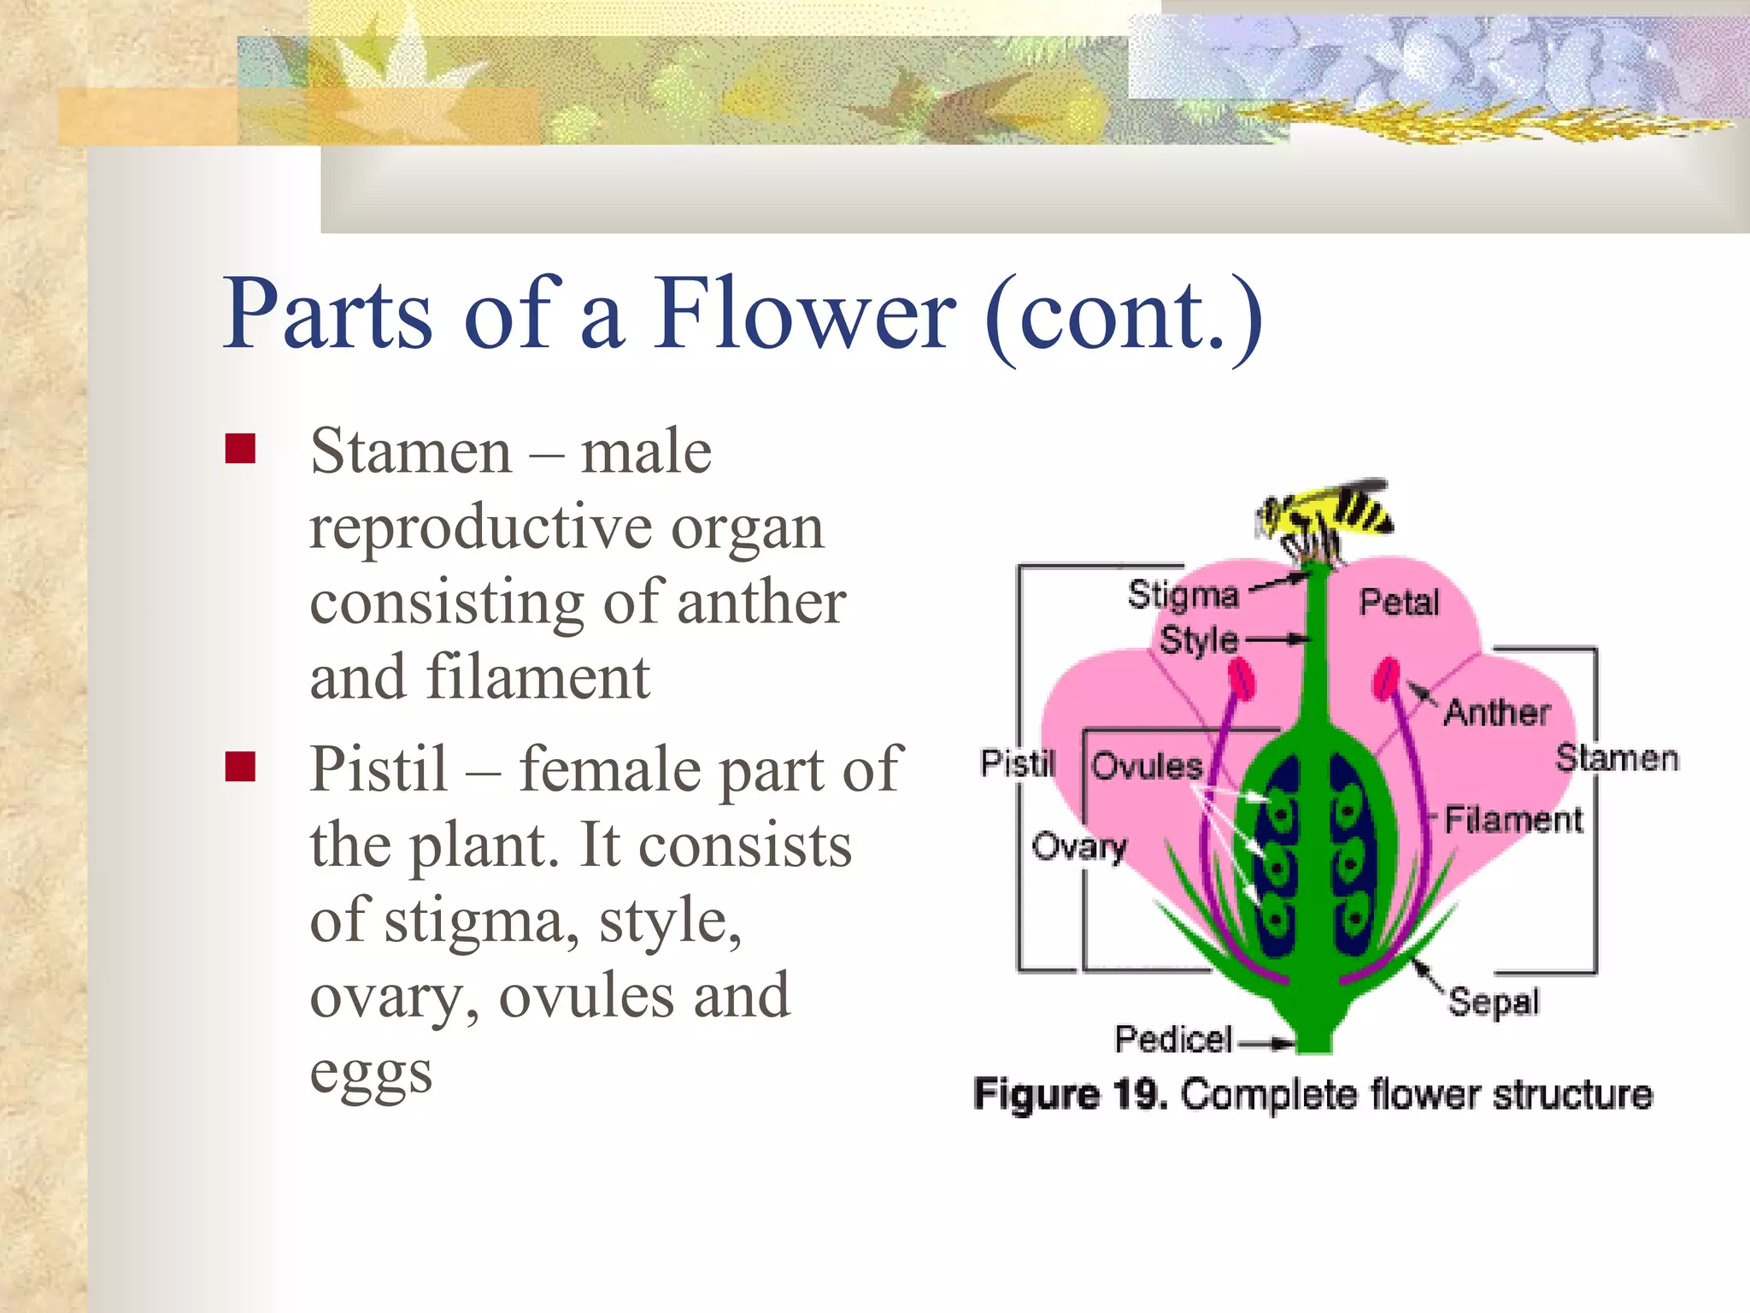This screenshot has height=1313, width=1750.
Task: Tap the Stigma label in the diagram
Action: [x=1183, y=595]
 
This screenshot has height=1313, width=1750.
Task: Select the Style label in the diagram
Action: [x=1198, y=640]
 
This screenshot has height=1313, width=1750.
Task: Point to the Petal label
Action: [x=1399, y=603]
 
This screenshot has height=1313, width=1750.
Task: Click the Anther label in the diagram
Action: [x=1497, y=712]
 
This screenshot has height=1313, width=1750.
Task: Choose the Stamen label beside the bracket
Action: [x=1617, y=758]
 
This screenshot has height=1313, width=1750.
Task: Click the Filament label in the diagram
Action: [x=1513, y=820]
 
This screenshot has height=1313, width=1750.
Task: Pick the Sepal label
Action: [x=1494, y=1002]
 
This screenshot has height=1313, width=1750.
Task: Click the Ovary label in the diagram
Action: [x=1079, y=847]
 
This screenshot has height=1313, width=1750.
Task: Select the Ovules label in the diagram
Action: [x=1147, y=766]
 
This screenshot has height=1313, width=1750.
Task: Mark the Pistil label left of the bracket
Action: [x=1018, y=763]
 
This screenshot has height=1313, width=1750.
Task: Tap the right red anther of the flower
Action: [x=1386, y=679]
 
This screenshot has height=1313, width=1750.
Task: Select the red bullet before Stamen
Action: [x=241, y=449]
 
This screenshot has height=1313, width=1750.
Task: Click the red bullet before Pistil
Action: [x=241, y=767]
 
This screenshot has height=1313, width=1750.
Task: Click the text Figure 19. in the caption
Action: [x=1071, y=1095]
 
